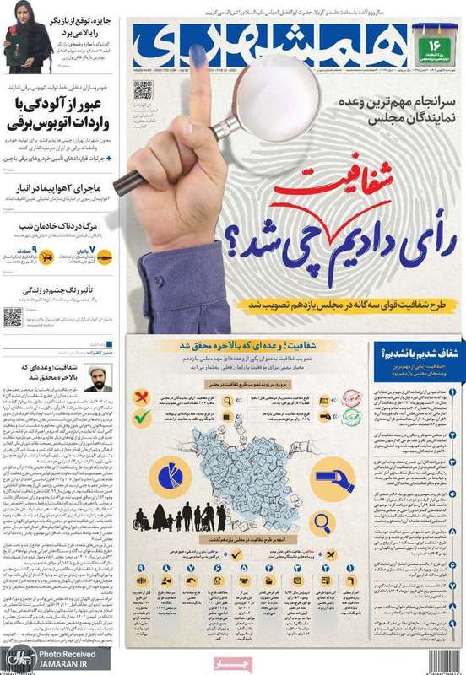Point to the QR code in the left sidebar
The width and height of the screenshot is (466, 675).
click(12, 316)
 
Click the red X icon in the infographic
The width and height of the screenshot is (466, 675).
click(144, 396)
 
